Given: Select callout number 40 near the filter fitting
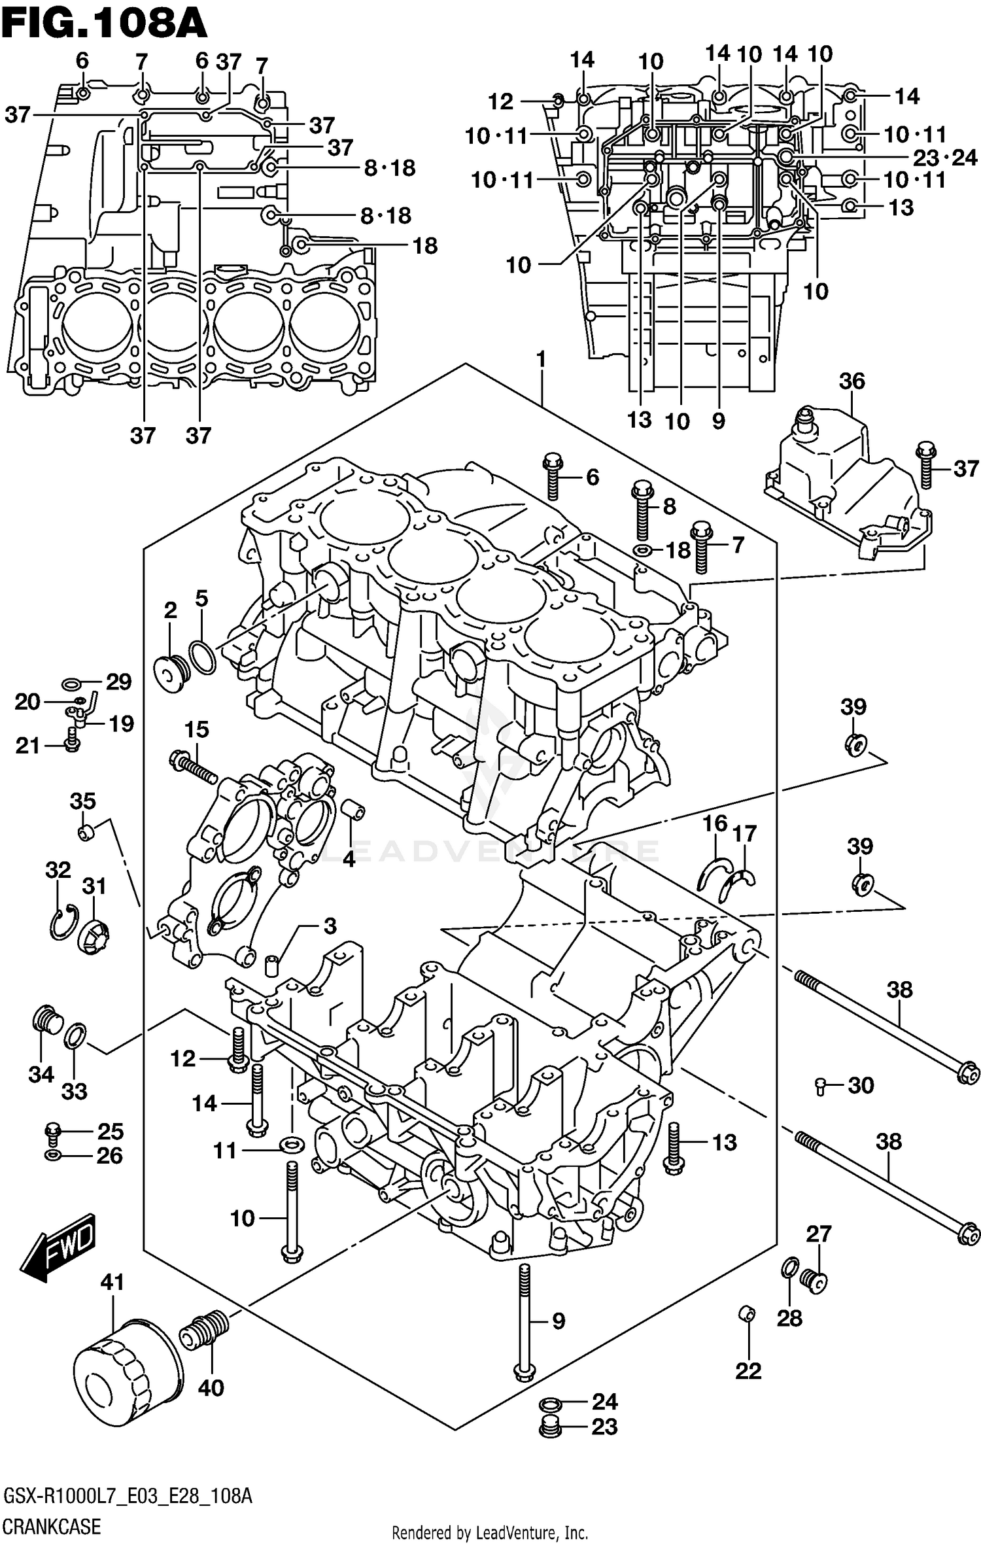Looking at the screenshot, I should coord(211,1387).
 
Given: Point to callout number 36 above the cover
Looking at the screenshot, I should coord(852,381).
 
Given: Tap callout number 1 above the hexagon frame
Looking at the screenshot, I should coord(540,359).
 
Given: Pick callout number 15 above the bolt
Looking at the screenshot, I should coord(196,729).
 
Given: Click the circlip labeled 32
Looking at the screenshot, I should coord(63,922).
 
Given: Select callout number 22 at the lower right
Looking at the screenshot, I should coord(748,1370).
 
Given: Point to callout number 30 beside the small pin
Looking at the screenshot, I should coord(861,1085).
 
